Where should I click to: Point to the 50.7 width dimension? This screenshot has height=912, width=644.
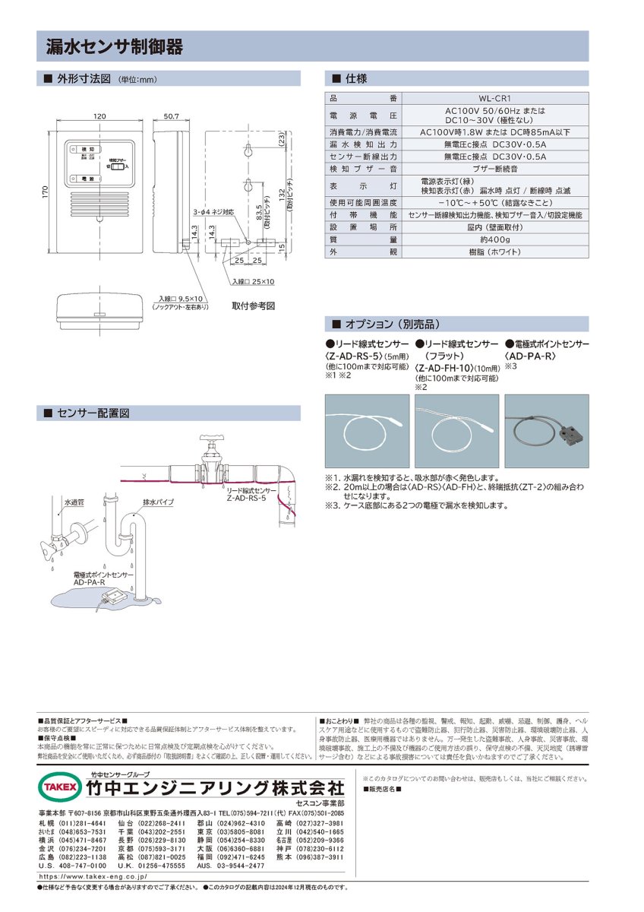pyautogui.click(x=169, y=116)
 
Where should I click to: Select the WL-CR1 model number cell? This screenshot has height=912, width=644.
pyautogui.click(x=494, y=98)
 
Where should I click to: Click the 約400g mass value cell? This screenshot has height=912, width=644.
pyautogui.click(x=494, y=239)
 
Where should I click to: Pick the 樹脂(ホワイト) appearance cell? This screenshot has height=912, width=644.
pyautogui.click(x=494, y=251)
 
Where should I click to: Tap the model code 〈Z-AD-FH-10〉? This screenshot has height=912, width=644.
pyautogui.click(x=448, y=368)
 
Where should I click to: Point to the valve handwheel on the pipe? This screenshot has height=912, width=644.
pyautogui.click(x=210, y=441)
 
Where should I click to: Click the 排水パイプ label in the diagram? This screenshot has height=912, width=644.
pyautogui.click(x=159, y=502)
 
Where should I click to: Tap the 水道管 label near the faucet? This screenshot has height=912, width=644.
pyautogui.click(x=74, y=503)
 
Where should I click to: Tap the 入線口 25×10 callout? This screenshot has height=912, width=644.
pyautogui.click(x=255, y=281)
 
